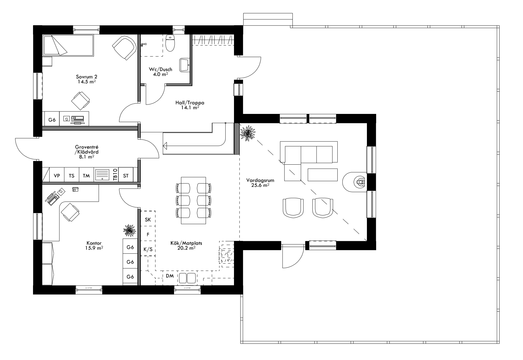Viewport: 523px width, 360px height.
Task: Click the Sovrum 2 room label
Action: coord(86,77)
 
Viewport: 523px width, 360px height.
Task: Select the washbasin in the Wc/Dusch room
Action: coord(184,65)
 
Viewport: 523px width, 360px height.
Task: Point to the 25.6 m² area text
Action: coord(260,186)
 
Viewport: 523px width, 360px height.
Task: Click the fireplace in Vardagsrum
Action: coord(357,182)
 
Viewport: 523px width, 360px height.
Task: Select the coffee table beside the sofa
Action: coord(323,175)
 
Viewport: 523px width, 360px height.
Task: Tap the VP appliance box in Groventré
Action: coord(57,176)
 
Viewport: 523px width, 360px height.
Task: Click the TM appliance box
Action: coord(86,176)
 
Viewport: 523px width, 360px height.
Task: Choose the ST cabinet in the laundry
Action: coord(126,176)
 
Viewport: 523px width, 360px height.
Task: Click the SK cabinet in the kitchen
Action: coord(148,220)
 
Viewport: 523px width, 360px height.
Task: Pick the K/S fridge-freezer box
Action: coord(148,249)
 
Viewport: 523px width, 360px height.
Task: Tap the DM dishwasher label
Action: coord(170,276)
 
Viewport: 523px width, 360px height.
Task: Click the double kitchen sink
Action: coord(187,278)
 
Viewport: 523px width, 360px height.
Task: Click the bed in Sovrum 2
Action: coord(68,46)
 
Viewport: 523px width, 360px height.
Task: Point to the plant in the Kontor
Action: coord(129,231)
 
